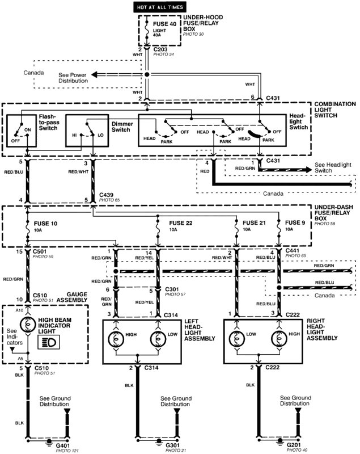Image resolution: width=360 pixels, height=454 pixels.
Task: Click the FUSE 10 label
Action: pyautogui.click(x=46, y=223)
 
